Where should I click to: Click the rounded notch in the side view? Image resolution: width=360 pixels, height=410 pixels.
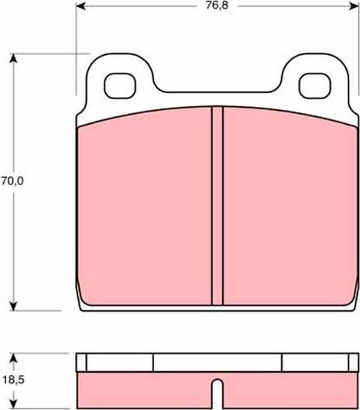tap(217, 386)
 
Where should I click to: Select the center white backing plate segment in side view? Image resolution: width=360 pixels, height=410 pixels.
tap(217, 363)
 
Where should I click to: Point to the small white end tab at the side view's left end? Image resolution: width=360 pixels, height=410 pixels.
tap(82, 363)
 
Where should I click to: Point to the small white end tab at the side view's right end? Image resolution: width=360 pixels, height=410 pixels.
tap(353, 363)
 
